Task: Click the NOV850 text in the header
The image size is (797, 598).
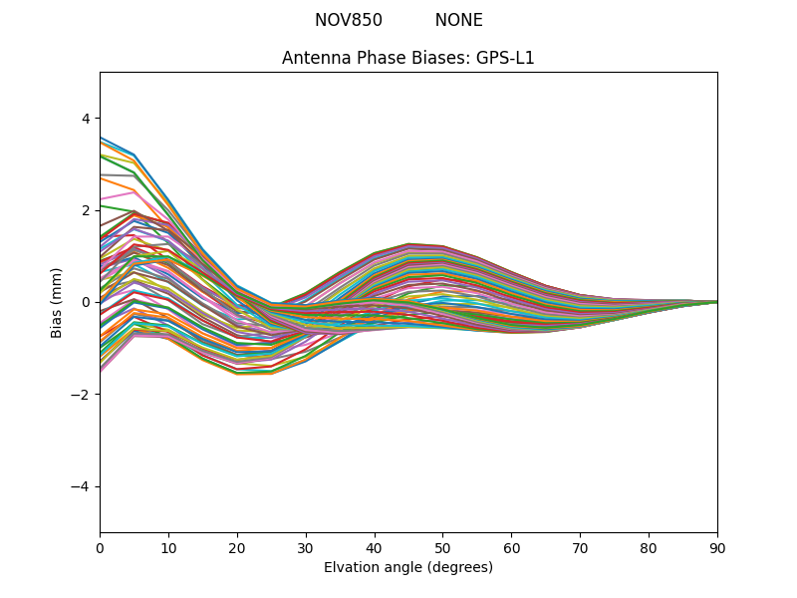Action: pyautogui.click(x=349, y=20)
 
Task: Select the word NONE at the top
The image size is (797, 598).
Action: pyautogui.click(x=459, y=20)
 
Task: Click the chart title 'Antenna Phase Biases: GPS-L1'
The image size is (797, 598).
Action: pyautogui.click(x=408, y=58)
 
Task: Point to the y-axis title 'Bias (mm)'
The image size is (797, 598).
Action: pyautogui.click(x=57, y=302)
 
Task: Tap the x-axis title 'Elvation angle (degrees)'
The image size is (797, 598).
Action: pyautogui.click(x=408, y=567)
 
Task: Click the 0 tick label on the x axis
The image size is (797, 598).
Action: pyautogui.click(x=100, y=547)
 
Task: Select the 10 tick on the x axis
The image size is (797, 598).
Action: pyautogui.click(x=168, y=547)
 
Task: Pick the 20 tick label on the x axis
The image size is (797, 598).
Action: pyautogui.click(x=237, y=547)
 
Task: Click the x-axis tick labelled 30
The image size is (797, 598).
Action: pyautogui.click(x=306, y=547)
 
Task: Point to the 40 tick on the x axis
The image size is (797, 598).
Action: pyautogui.click(x=375, y=547)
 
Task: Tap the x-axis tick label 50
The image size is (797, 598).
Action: pyautogui.click(x=442, y=547)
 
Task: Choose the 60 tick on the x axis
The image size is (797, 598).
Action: pyautogui.click(x=511, y=547)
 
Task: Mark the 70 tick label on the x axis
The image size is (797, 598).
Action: pyautogui.click(x=580, y=547)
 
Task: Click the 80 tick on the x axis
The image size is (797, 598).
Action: pyautogui.click(x=649, y=547)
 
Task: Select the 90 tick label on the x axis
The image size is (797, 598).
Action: pyautogui.click(x=717, y=547)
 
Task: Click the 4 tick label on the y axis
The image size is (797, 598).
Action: pyautogui.click(x=86, y=118)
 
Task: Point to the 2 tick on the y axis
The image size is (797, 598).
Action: pyautogui.click(x=86, y=210)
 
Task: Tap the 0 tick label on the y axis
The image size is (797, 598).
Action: pyautogui.click(x=86, y=302)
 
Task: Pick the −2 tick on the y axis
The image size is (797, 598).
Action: pyautogui.click(x=82, y=395)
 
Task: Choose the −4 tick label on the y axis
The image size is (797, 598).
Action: pyautogui.click(x=82, y=486)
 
